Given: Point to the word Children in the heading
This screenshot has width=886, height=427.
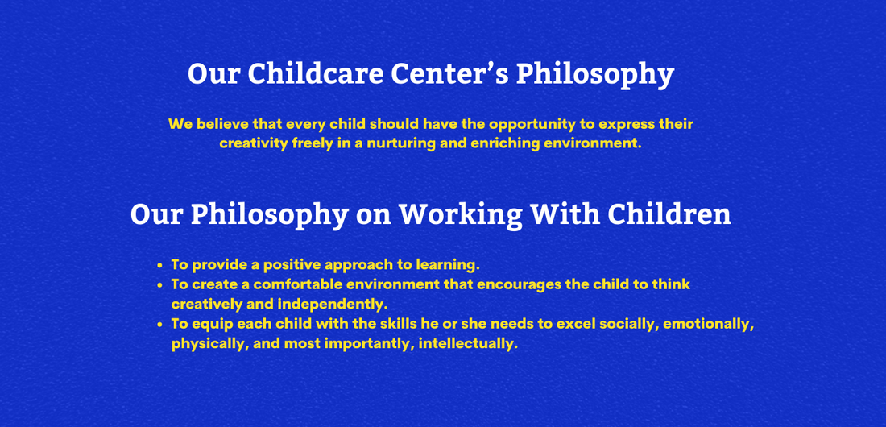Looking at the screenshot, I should pos(669,214).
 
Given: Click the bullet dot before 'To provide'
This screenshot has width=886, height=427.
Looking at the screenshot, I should pos(160,265).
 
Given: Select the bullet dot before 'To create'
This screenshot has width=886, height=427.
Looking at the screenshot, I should pos(160,285).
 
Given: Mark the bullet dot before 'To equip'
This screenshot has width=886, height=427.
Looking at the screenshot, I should pos(160,324).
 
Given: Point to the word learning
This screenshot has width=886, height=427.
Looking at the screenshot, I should pos(445,264).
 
